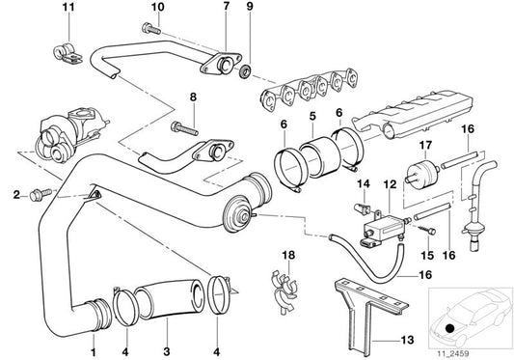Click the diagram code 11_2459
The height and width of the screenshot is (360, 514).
tap(470, 349)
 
